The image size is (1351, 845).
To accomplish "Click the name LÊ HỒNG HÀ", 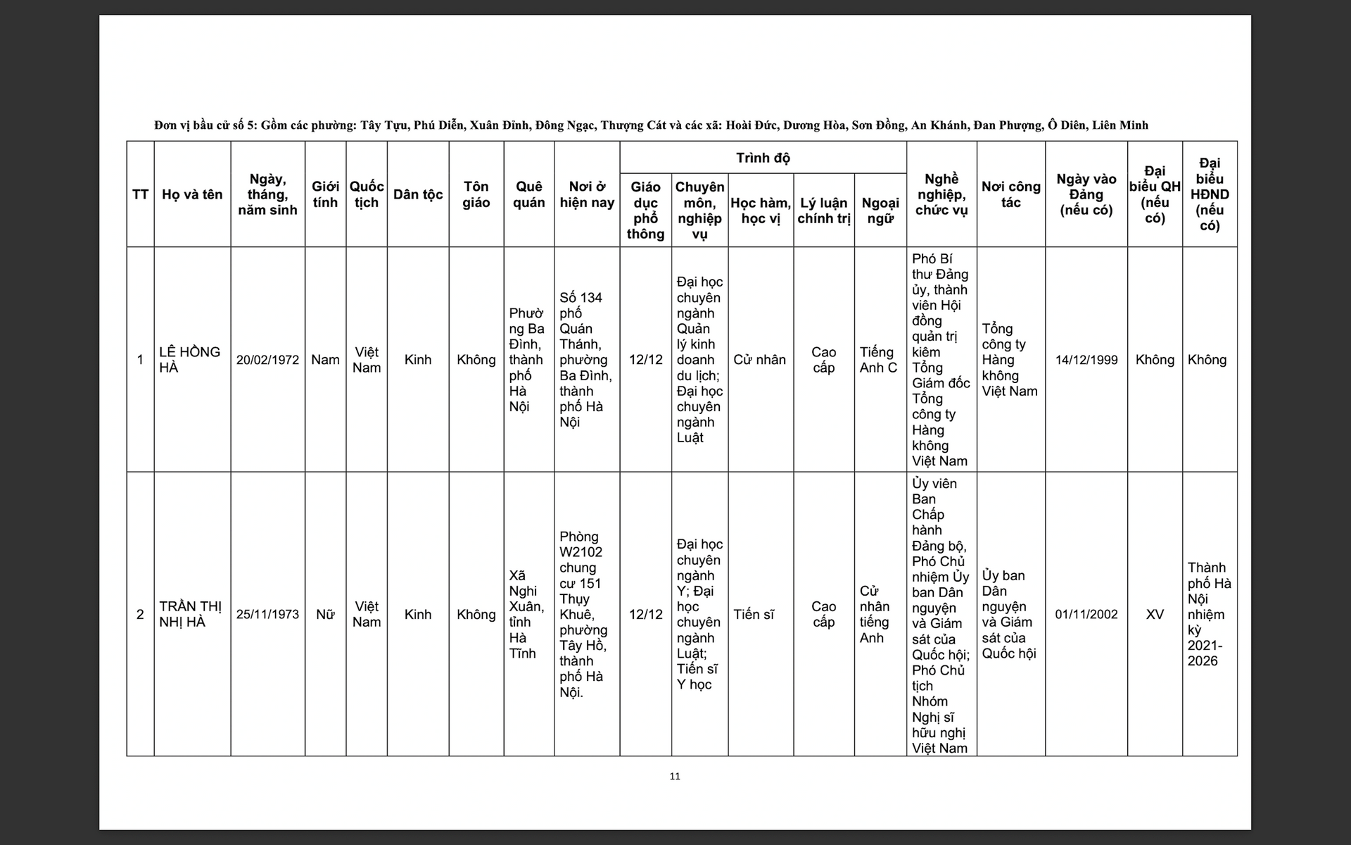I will click(x=189, y=359).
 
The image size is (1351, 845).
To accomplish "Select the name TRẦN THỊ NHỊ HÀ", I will click(x=190, y=614).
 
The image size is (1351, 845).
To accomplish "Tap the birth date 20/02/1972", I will click(x=267, y=360).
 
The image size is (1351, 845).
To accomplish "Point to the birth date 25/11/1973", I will click(x=267, y=614).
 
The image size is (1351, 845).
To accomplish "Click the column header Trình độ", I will click(x=763, y=158).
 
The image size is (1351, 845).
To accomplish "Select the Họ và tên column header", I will click(x=192, y=194).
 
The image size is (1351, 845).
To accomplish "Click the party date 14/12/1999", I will click(x=1086, y=360).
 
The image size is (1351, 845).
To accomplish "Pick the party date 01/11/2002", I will click(x=1086, y=614).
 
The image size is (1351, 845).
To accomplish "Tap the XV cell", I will click(x=1155, y=614).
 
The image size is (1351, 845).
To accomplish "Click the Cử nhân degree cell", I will click(x=759, y=360).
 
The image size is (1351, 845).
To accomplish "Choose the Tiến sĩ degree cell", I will click(x=754, y=614).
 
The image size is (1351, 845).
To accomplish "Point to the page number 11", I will click(x=675, y=776).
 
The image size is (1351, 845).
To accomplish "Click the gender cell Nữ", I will click(x=325, y=614).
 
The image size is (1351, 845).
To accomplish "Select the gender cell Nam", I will click(x=325, y=360).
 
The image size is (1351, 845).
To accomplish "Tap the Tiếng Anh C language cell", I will click(x=878, y=360).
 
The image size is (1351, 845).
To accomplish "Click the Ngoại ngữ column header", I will click(x=880, y=211).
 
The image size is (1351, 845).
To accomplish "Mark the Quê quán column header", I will click(x=528, y=194).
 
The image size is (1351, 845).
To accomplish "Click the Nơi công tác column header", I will click(x=1010, y=194).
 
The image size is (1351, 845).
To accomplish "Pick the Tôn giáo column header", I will click(x=476, y=194).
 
